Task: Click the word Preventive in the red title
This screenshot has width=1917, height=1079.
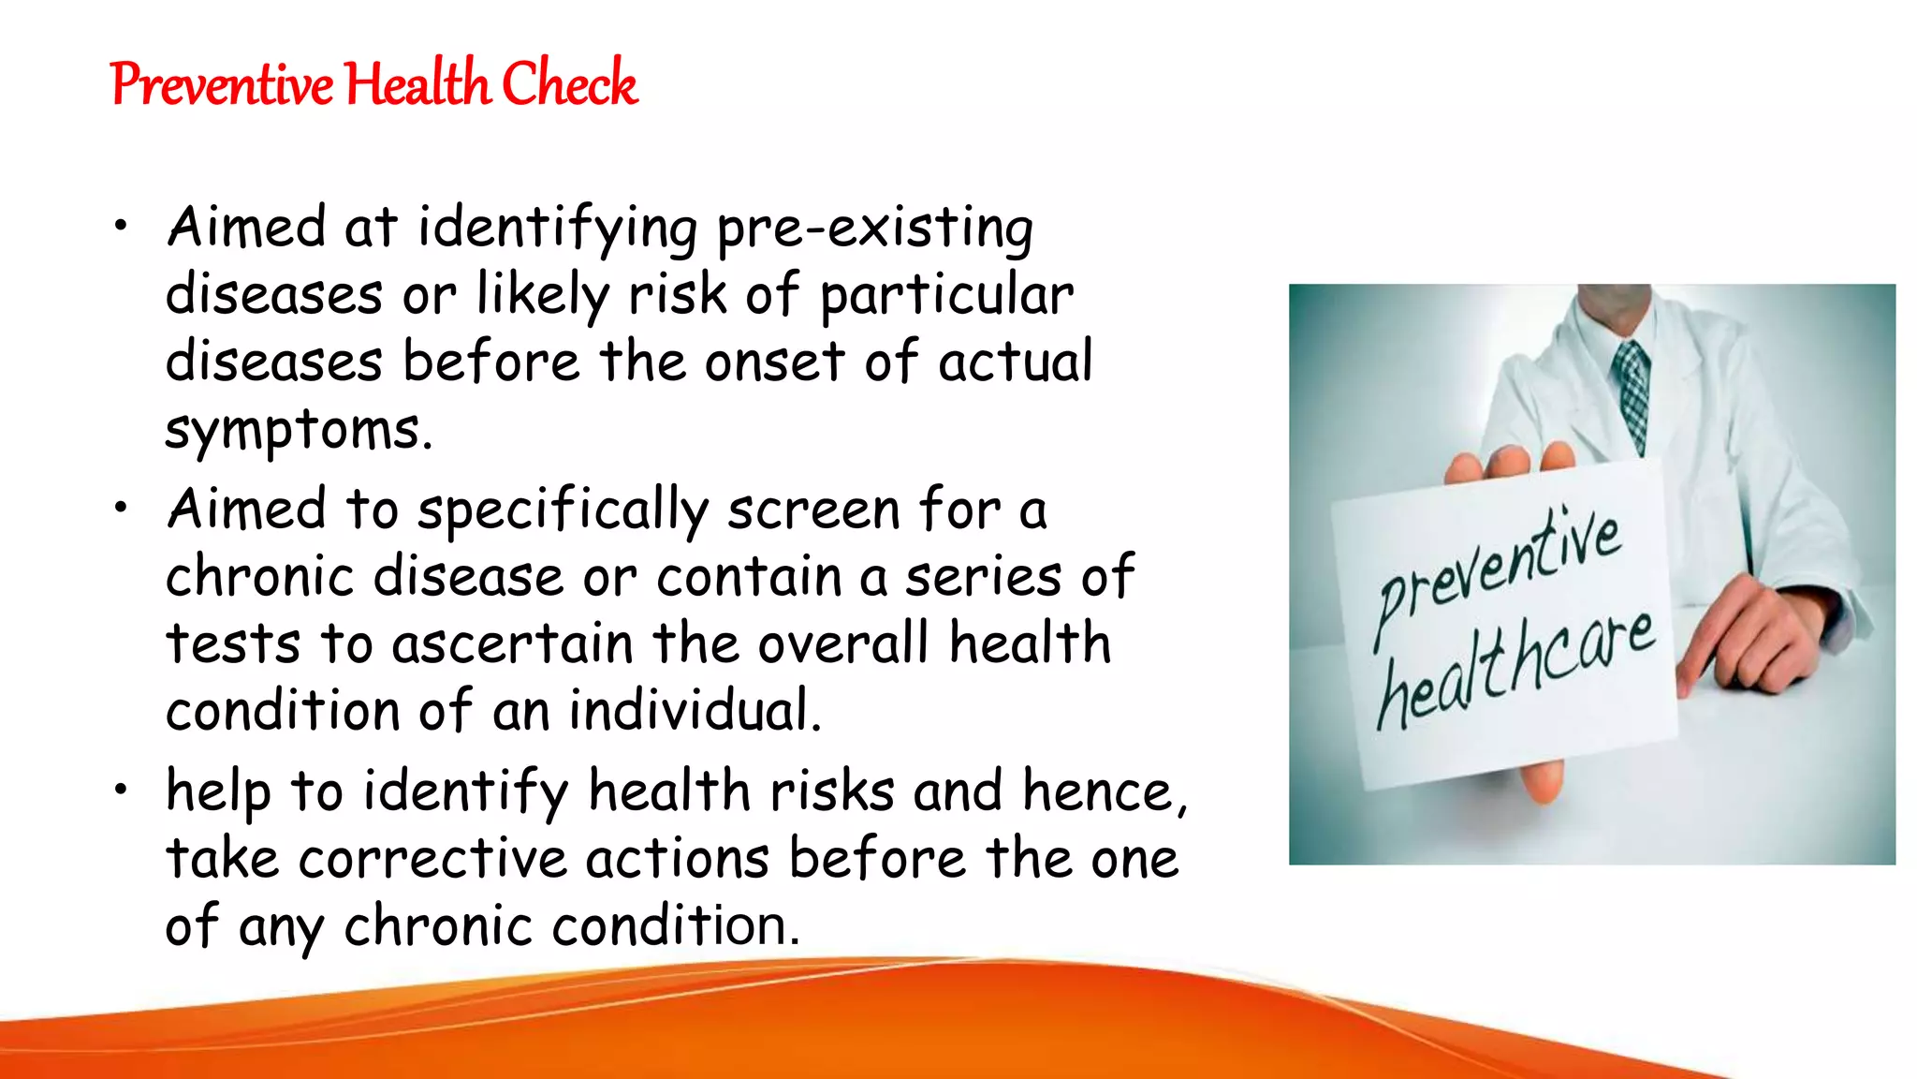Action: [221, 84]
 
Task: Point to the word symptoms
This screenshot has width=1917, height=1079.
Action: [299, 431]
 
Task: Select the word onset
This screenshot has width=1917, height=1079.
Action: [774, 362]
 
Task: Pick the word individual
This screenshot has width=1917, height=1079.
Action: [694, 712]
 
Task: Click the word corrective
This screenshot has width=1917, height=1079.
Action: [432, 859]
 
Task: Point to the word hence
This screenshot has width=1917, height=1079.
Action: [1105, 792]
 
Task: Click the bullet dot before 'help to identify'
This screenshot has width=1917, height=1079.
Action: [120, 791]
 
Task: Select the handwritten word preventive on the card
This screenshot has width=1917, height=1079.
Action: [1499, 570]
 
